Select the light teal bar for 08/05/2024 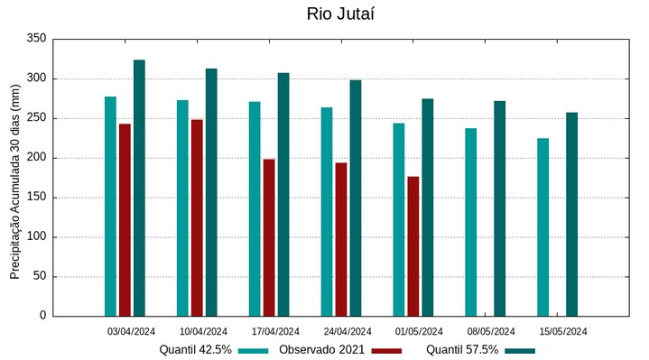click(471, 222)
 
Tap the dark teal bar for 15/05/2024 click(572, 214)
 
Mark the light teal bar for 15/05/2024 click(543, 226)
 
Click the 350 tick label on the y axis click(36, 39)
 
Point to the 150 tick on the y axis click(36, 198)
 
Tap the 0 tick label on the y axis click(42, 316)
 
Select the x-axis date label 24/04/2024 click(348, 331)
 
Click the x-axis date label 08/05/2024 click(492, 331)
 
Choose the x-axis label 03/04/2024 click(132, 331)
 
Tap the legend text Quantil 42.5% click(196, 350)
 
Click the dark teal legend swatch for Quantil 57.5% click(520, 350)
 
